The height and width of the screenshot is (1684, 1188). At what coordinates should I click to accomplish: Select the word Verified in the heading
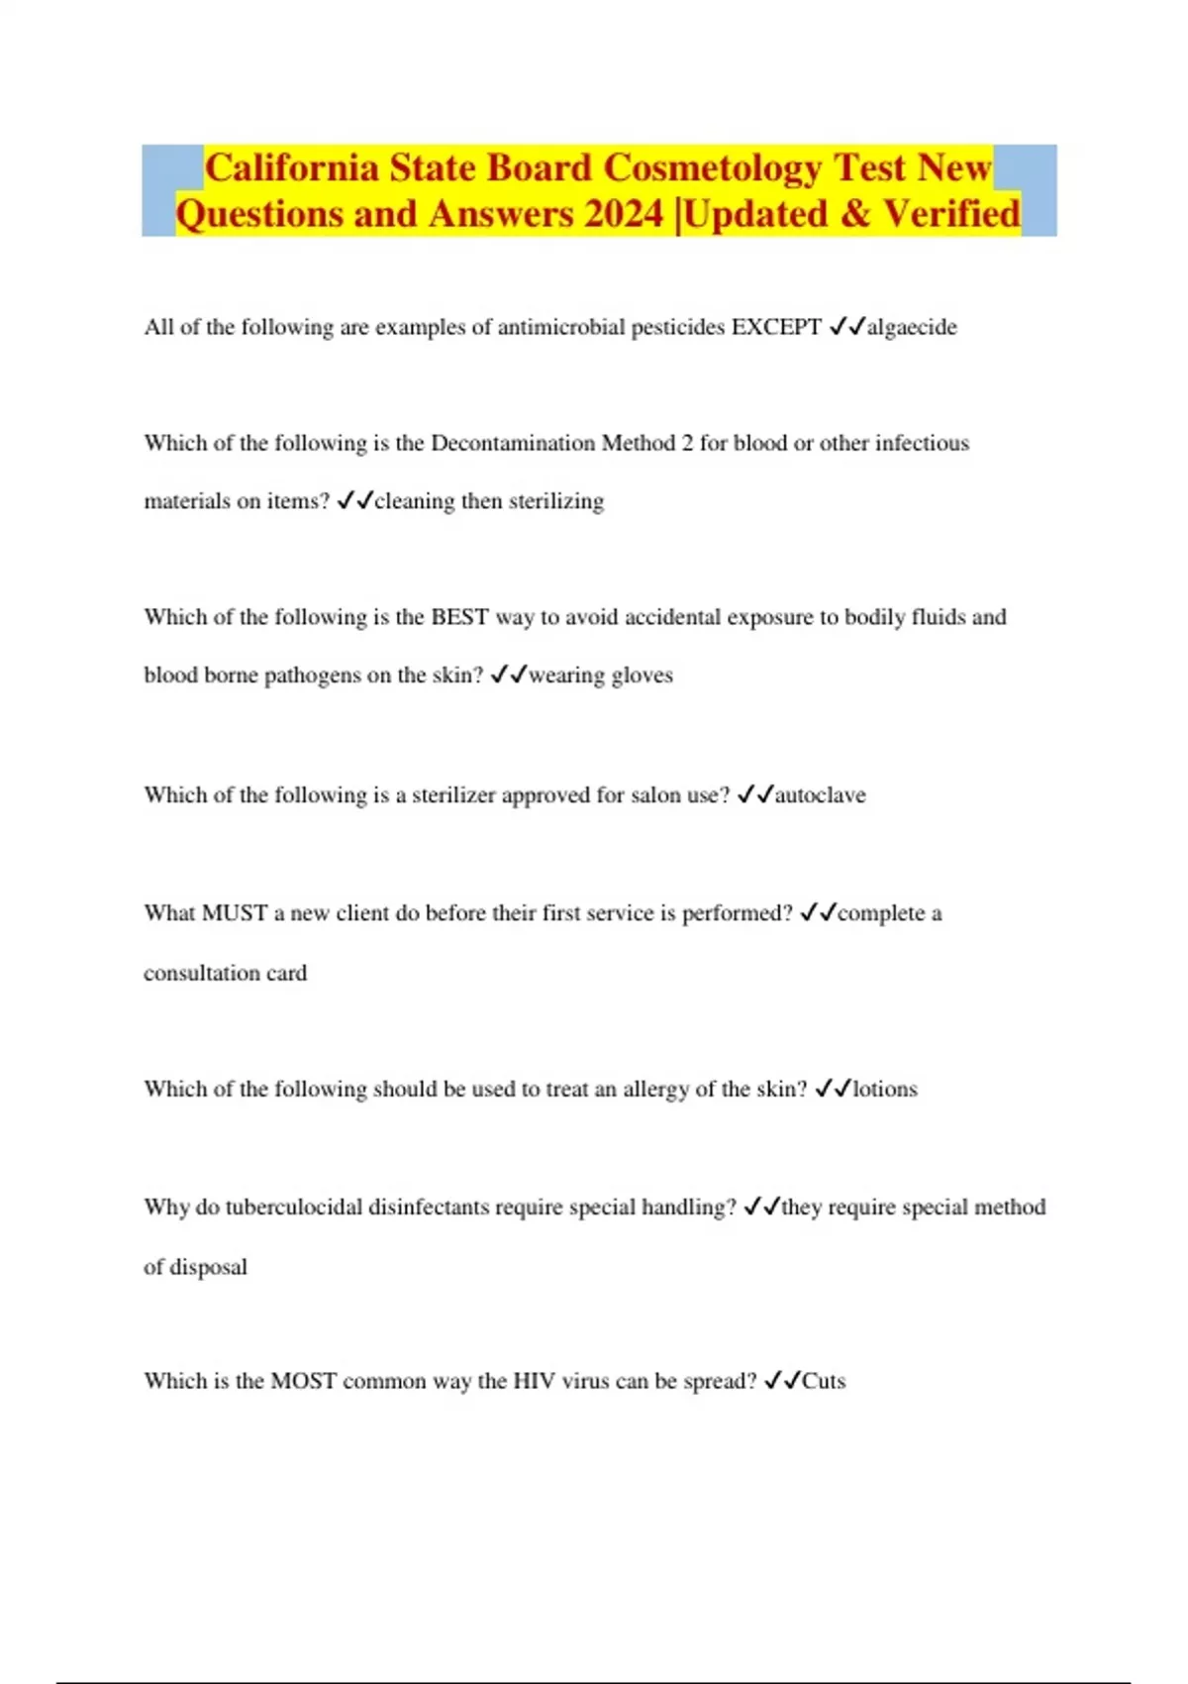coord(951,214)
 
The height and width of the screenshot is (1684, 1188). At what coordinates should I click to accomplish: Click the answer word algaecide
coord(912,327)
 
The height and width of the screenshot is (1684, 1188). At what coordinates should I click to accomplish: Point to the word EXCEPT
coord(776,327)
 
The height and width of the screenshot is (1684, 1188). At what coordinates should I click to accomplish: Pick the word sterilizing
coord(556,501)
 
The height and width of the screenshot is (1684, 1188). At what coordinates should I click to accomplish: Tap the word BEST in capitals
coord(459,617)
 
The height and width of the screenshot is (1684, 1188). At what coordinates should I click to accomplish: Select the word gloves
coord(643,676)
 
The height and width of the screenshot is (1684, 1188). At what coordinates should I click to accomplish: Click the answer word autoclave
coord(820,794)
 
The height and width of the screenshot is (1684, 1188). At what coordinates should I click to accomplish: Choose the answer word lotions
coord(885,1089)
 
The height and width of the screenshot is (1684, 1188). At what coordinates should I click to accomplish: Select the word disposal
coord(208,1267)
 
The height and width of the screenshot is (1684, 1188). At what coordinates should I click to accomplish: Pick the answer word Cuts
coord(824,1381)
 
